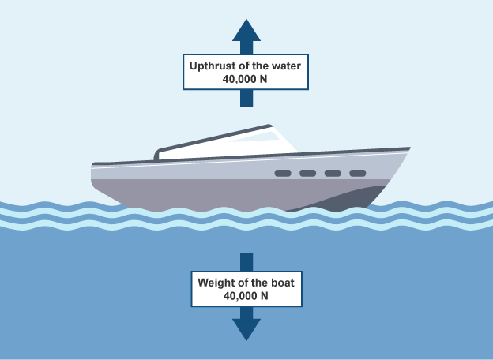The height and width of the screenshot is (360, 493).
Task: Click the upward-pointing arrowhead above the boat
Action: (246, 32)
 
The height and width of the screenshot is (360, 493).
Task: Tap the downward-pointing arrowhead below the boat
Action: (246, 327)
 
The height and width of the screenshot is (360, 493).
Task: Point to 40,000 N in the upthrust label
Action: (246, 80)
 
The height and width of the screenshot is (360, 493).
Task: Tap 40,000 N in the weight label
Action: (246, 296)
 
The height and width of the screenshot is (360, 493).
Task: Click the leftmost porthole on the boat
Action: (282, 173)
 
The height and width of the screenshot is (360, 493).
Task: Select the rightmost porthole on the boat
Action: (358, 173)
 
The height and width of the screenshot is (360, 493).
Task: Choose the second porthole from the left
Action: (307, 173)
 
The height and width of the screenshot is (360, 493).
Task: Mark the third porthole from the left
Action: (333, 173)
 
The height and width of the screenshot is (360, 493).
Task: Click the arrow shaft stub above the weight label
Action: (246, 262)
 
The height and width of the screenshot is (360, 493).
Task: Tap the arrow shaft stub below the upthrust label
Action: (246, 98)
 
